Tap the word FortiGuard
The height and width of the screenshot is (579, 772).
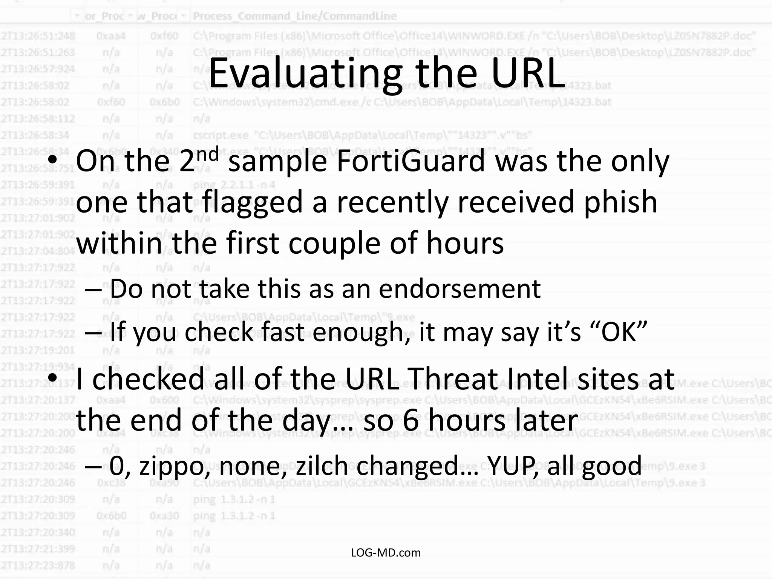pyautogui.click(x=411, y=161)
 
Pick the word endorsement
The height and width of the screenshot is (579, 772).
pyautogui.click(x=460, y=289)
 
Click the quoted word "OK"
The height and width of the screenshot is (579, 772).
pyautogui.click(x=622, y=332)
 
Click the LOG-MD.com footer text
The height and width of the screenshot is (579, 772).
pyautogui.click(x=386, y=553)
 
